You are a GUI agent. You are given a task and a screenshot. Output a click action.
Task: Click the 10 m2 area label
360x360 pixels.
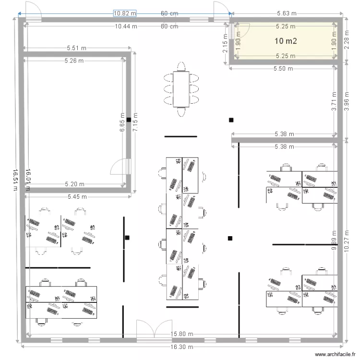(286, 41)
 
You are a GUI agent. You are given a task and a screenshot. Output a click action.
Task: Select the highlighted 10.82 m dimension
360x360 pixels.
(125, 13)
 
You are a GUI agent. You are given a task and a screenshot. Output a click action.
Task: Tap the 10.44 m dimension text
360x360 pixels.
(126, 26)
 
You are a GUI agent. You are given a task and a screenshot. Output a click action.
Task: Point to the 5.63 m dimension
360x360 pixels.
(287, 13)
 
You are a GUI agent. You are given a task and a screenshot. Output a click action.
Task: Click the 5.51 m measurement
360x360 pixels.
(77, 48)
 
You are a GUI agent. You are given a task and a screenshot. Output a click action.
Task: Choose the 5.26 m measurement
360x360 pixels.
(74, 60)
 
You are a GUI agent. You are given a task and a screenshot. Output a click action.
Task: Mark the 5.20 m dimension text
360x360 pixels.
(75, 184)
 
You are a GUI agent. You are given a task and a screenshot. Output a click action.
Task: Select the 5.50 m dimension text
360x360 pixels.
(283, 69)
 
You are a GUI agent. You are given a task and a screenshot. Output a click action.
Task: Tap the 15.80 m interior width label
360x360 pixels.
(182, 334)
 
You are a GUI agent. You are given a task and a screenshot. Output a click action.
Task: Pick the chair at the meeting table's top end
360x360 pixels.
(181, 66)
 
